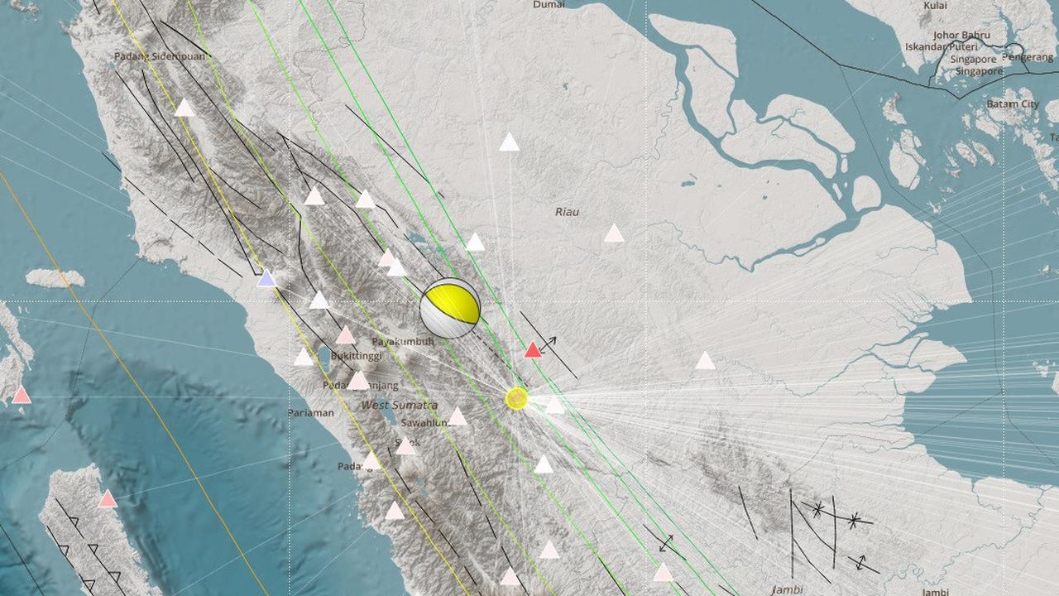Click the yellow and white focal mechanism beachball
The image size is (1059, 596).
[450, 308]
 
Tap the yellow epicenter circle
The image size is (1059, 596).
[516, 398]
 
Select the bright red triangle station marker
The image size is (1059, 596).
[533, 350]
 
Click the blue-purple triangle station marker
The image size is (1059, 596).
[266, 279]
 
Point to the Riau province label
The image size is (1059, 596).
[567, 212]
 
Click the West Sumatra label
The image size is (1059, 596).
[399, 405]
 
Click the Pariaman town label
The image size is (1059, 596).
[311, 412]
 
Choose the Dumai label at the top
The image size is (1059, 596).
[549, 5]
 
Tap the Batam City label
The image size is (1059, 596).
[1012, 104]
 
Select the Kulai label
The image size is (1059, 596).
[935, 5]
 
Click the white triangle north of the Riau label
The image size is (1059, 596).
[509, 143]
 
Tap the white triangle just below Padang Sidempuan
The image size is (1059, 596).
[184, 108]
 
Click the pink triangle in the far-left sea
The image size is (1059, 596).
[22, 396]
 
